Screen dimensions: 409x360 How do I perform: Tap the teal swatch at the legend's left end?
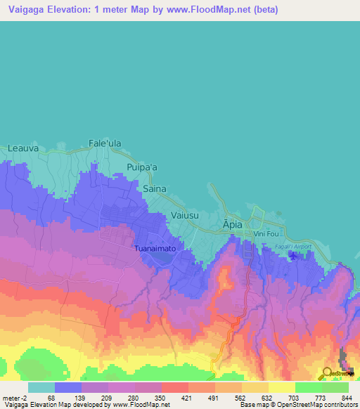click(41, 387)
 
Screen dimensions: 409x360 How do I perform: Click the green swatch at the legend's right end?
click(335, 387)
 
